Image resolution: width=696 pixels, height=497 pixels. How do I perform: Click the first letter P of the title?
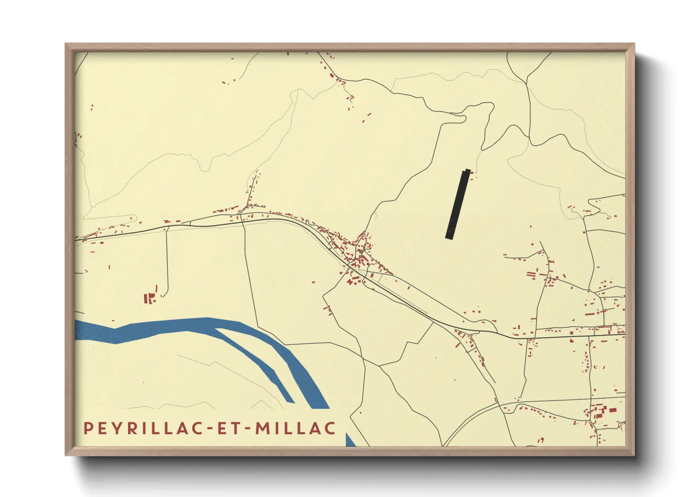coord(87,428)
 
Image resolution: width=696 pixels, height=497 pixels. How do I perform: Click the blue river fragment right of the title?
coord(350,441)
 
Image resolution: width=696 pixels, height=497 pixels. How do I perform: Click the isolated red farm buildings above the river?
coord(150,298)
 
